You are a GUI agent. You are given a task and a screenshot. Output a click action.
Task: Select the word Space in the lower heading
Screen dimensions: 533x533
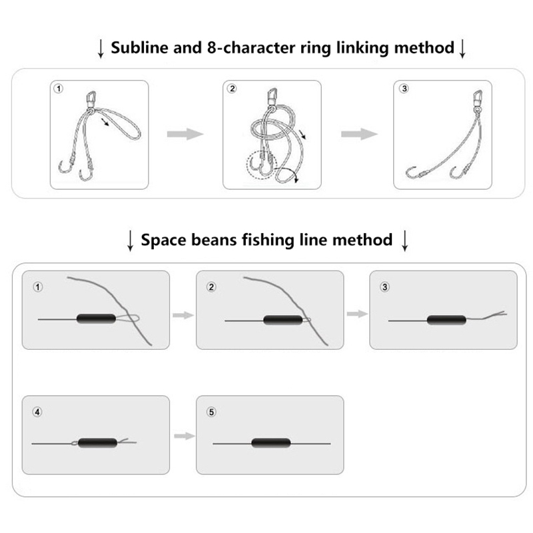[x=163, y=241]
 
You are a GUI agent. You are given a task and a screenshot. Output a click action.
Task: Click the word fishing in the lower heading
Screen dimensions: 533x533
[x=268, y=241]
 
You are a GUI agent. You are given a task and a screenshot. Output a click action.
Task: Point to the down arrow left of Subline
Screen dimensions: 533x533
[x=101, y=49]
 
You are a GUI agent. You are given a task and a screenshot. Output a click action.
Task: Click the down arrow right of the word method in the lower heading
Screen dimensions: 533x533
[x=404, y=241]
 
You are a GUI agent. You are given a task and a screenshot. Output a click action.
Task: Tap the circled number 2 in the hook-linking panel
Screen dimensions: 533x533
[x=232, y=89]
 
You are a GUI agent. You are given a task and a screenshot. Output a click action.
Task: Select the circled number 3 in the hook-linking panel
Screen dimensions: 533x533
[x=404, y=89]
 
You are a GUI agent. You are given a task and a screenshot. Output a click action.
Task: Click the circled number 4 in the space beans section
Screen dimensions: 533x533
[x=37, y=412]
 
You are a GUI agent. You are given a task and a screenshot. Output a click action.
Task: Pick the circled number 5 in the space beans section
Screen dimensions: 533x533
[x=211, y=412]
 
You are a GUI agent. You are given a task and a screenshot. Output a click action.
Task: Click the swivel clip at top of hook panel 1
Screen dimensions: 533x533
[x=91, y=99]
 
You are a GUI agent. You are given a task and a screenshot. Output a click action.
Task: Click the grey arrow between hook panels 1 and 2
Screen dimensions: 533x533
[x=185, y=134]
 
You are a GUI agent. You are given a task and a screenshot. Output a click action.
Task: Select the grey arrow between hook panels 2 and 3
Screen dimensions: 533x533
[x=359, y=134]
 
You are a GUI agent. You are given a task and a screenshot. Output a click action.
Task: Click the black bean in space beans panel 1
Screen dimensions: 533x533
[x=96, y=318]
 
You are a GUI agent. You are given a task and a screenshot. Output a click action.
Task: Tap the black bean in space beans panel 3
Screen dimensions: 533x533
[x=446, y=320]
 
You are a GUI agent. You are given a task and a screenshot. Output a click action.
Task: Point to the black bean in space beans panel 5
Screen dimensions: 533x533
[x=271, y=443]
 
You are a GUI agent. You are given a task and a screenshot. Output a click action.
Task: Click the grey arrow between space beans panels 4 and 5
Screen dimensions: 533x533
[x=185, y=436]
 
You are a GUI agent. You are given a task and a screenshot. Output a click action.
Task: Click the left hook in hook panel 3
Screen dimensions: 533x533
[x=411, y=172]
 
